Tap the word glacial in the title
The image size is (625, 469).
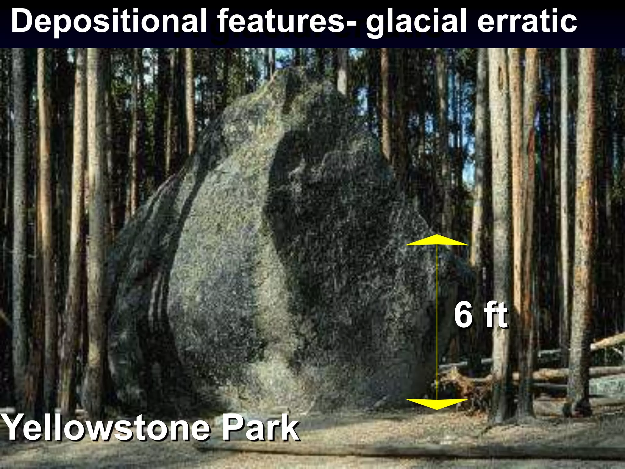(x=417, y=21)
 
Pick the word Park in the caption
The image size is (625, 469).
(x=259, y=427)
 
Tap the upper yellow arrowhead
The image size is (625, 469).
(x=437, y=240)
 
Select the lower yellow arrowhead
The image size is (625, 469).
(x=437, y=404)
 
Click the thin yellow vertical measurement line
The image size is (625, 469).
(x=437, y=321)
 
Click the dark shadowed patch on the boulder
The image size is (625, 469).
(x=330, y=214)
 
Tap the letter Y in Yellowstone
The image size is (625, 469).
(x=14, y=427)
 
